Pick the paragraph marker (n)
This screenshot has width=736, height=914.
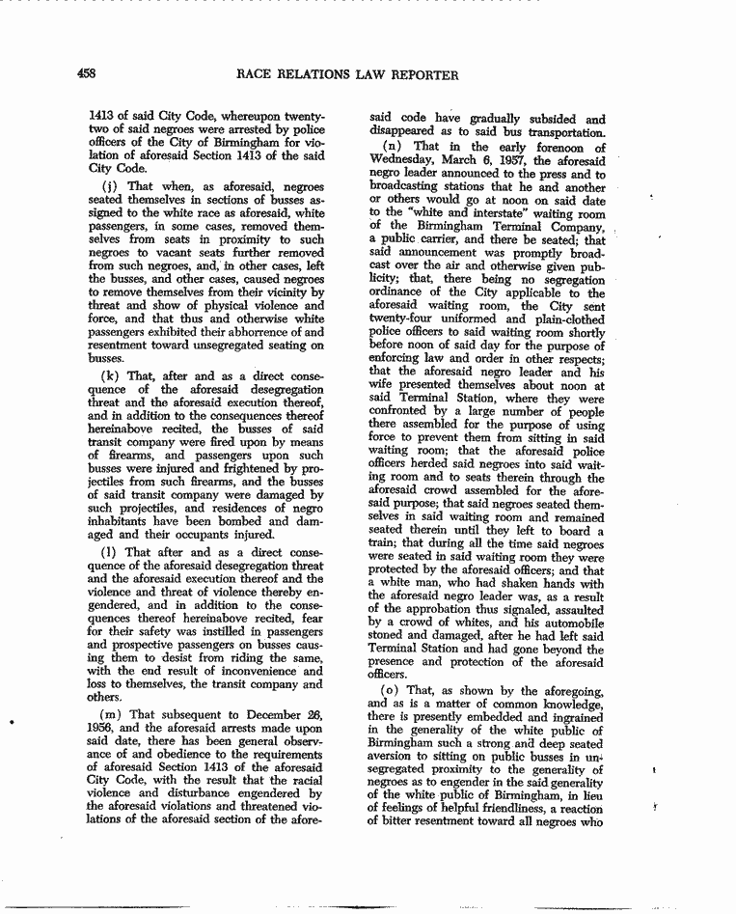coord(395,148)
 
